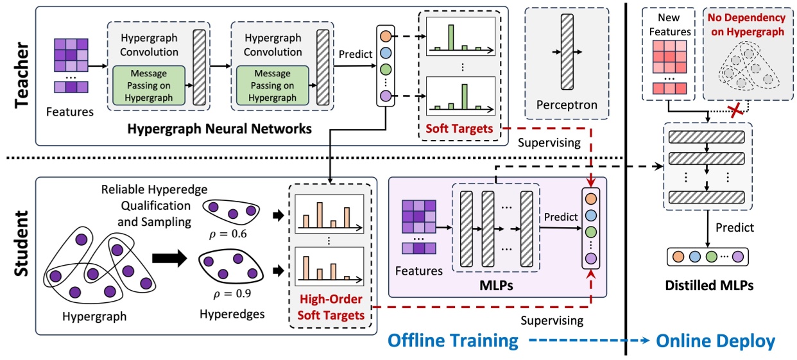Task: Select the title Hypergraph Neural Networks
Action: (219, 129)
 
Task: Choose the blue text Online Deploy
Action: (716, 341)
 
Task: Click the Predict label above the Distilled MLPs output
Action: (735, 227)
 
